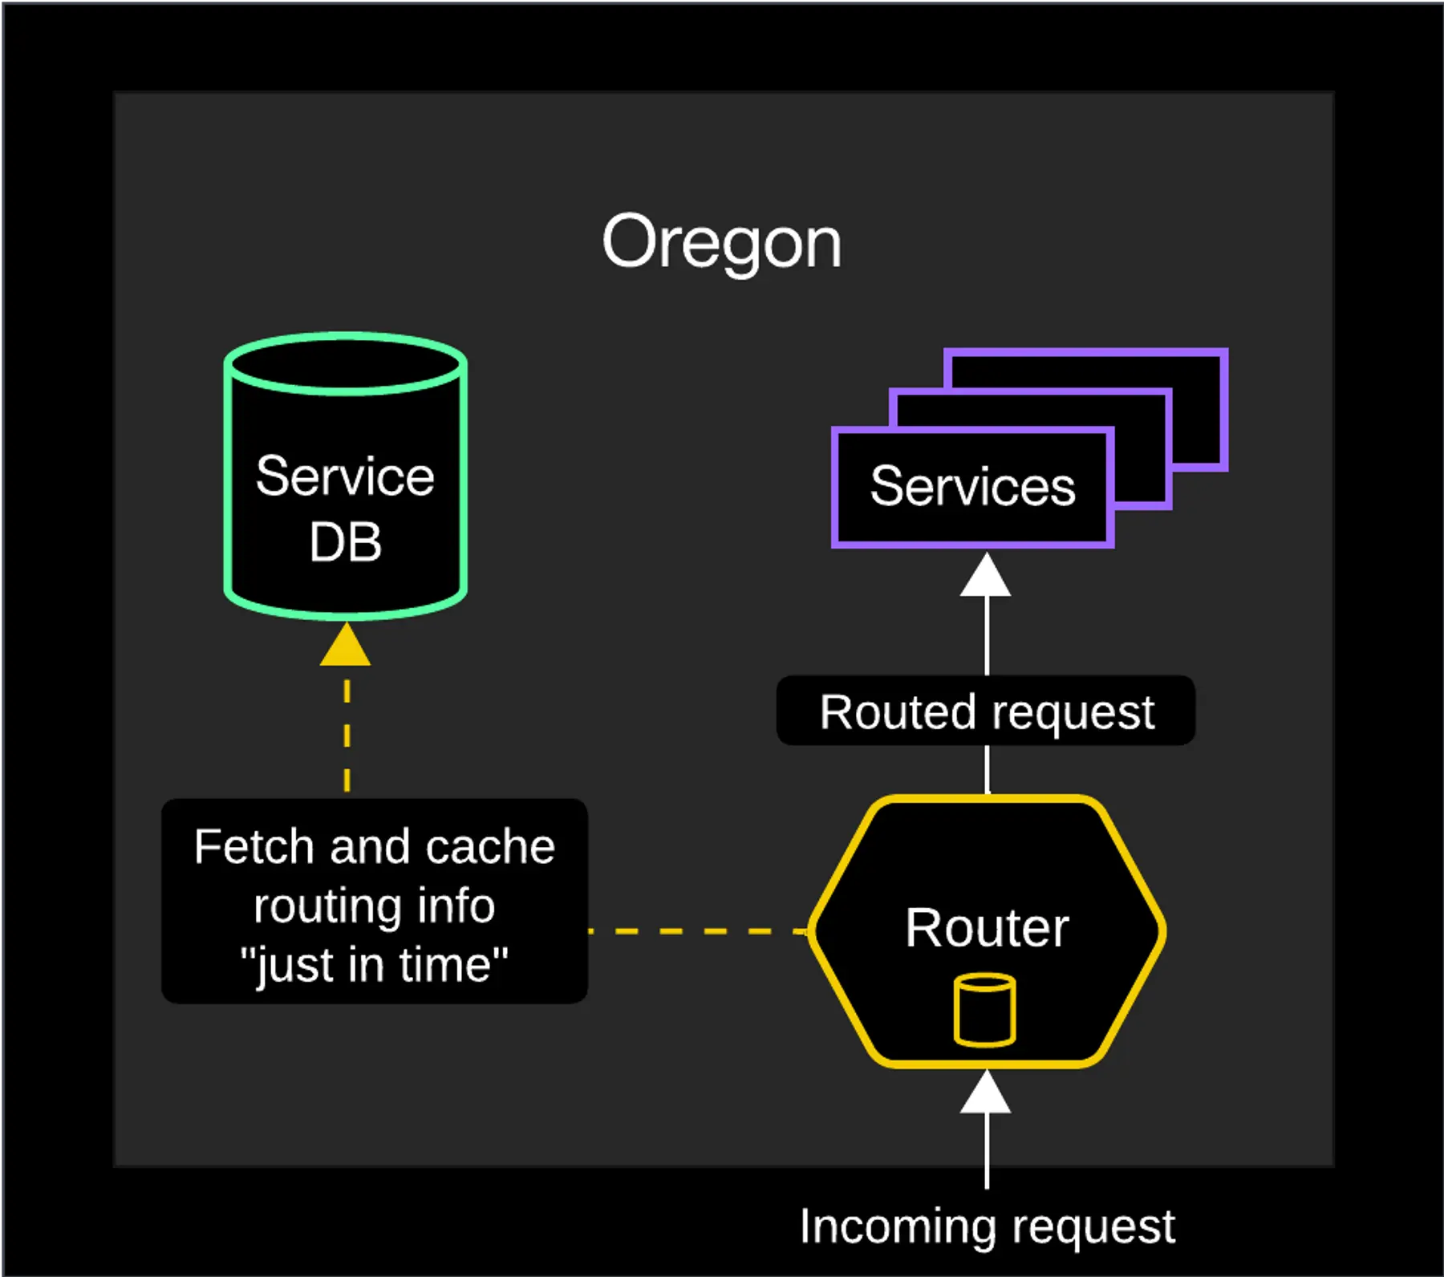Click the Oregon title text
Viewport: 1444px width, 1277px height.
(721, 242)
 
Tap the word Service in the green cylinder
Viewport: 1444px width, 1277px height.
(345, 476)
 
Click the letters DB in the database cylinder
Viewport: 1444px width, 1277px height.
(345, 542)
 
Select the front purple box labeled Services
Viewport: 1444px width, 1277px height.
(972, 487)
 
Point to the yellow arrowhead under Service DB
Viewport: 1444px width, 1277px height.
(345, 647)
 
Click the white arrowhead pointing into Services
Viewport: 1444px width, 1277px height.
(986, 576)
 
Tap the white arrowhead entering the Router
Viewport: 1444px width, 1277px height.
(986, 1093)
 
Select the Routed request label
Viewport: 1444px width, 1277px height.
(986, 711)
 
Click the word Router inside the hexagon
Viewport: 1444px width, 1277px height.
(987, 928)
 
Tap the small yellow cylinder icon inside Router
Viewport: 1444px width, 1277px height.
(985, 1010)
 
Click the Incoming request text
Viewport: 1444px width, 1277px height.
(987, 1226)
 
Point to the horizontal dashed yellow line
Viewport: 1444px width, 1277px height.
(698, 931)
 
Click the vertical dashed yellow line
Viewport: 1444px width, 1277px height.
(347, 734)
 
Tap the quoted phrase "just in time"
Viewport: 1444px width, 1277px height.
(374, 965)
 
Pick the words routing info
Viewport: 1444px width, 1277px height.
(374, 906)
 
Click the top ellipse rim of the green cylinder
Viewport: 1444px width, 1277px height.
(345, 340)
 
